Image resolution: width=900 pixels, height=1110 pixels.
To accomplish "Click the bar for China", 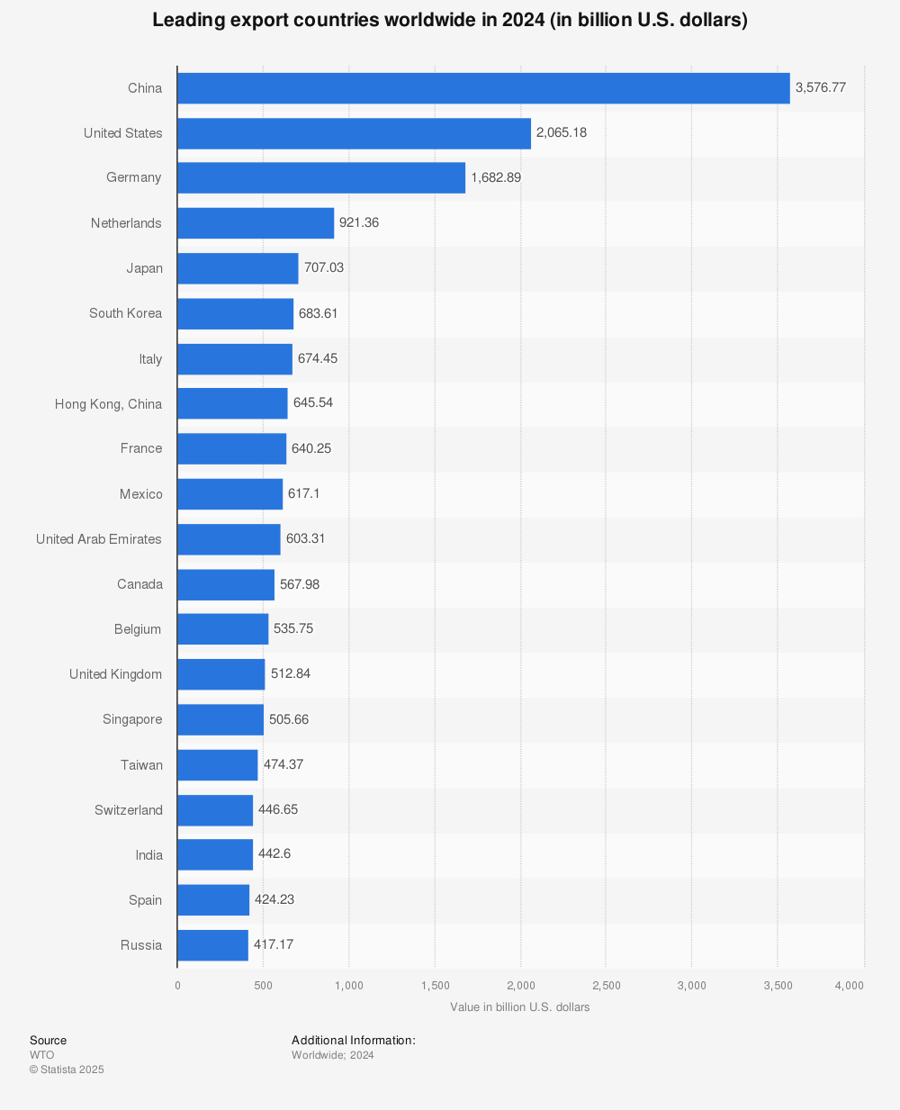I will tap(483, 88).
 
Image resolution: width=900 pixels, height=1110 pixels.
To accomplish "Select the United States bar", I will tap(354, 133).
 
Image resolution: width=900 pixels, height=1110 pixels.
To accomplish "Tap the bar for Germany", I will tap(321, 177).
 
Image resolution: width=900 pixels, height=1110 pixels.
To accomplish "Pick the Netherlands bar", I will tap(256, 223).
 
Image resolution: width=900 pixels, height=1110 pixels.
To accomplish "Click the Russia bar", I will tap(212, 945).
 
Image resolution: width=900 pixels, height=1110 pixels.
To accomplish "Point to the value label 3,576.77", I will tap(820, 88).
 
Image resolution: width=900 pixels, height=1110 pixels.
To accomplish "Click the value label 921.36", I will tap(359, 222).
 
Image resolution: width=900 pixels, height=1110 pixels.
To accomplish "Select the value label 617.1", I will tap(303, 493).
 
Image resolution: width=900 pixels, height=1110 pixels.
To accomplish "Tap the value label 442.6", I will tap(274, 853).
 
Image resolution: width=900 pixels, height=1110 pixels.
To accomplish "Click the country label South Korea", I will tap(125, 313).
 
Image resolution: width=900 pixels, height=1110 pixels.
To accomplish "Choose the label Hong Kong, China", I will tap(108, 404).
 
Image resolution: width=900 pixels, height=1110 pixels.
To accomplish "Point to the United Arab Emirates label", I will tap(99, 539).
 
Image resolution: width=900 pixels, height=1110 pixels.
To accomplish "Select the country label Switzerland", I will tap(129, 810).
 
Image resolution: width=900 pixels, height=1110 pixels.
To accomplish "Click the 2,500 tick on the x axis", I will tap(607, 986).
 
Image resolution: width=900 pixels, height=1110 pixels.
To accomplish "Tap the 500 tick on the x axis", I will tap(263, 986).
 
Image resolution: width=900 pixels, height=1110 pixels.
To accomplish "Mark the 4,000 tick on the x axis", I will tap(849, 986).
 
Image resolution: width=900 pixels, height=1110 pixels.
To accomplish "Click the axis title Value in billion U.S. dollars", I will tap(520, 1007).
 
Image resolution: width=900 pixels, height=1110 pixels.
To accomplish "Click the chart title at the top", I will tap(450, 20).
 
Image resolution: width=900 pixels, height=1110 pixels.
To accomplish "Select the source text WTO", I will tap(41, 1055).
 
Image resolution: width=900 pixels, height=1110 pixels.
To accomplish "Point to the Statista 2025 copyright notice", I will tap(67, 1069).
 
